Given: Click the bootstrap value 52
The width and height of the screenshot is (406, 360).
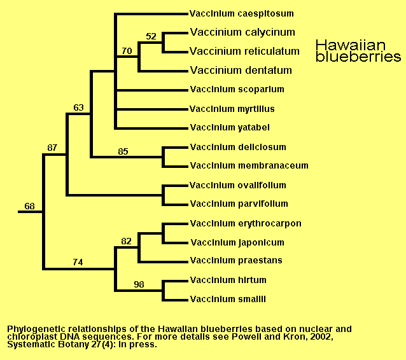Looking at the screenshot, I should [x=151, y=36].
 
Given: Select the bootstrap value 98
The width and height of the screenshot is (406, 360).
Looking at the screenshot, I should [x=139, y=284].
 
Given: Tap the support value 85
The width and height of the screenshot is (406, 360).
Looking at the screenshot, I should [x=123, y=151].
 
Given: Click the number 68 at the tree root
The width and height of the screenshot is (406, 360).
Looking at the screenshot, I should [x=29, y=206].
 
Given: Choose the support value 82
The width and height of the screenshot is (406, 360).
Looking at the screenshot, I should [x=126, y=241].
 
